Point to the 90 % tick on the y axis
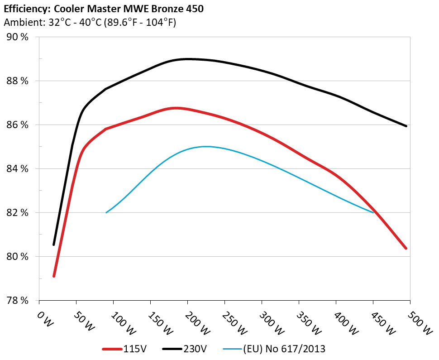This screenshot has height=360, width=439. point(17,37)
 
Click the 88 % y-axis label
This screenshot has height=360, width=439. point(17,81)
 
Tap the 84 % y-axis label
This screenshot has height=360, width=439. point(17,169)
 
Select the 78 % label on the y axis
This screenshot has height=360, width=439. point(17,300)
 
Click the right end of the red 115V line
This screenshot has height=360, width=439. point(406,248)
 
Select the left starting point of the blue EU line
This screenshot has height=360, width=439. point(106,212)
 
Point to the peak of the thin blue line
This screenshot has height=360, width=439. point(206,146)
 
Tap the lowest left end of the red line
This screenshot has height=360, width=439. point(54,276)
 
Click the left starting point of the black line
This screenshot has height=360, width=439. point(54,245)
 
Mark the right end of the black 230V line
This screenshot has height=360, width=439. point(406,126)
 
